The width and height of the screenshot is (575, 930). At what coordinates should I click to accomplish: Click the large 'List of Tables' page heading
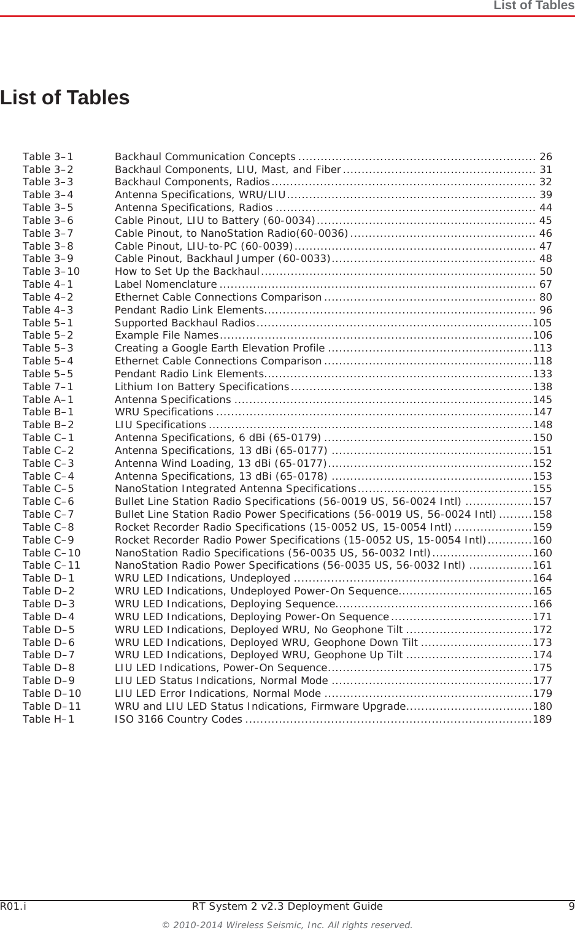coord(65,98)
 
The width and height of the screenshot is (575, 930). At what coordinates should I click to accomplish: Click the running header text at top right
coord(534,6)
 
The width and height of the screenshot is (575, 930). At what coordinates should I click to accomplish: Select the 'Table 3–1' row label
coord(48,156)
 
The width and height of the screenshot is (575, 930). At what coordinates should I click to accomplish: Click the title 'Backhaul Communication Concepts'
coord(205,156)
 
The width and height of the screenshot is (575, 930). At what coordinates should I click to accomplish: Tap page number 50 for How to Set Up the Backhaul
coord(545,271)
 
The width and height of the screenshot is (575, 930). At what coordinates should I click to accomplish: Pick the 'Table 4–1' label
coord(48,284)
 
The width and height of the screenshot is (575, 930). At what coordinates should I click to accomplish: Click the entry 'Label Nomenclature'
coord(166,284)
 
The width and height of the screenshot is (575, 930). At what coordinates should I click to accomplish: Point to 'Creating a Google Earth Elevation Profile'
coord(220,348)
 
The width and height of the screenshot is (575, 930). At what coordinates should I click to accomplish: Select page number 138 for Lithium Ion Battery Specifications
coord(542,386)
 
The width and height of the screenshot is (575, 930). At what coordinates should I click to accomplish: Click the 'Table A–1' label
coord(48,399)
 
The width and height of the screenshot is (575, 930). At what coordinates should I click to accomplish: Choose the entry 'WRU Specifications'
coord(164,412)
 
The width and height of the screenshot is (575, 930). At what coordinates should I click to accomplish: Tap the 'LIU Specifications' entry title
coord(160,425)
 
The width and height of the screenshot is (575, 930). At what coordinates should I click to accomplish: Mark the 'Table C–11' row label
coord(51,566)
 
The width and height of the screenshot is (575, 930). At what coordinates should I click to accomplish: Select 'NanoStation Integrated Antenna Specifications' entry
coord(235,489)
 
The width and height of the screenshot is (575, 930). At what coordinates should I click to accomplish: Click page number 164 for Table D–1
coord(542,578)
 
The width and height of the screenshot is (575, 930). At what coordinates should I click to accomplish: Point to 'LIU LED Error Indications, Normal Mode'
coord(218,693)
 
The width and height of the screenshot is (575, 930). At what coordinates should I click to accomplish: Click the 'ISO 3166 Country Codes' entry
coord(178,719)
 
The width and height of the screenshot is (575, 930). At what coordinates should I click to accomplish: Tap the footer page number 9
coord(571,906)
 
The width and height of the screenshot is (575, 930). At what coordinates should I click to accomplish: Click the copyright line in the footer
coord(287,924)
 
